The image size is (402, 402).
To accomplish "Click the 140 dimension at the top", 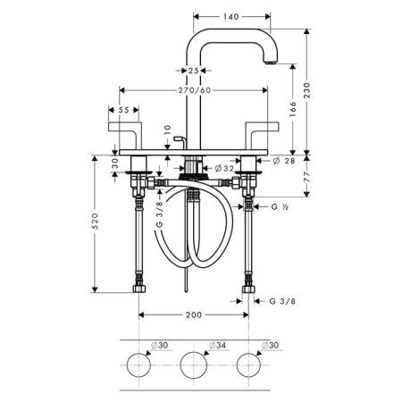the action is coord(231,16).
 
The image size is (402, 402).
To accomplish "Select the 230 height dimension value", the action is coord(306,90).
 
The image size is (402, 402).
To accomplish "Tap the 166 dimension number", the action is coord(293,109).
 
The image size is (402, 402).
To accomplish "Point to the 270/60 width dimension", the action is coord(195,90).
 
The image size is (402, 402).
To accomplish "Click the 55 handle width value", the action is coord(123,110).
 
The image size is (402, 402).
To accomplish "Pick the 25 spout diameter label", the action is coord(194,71).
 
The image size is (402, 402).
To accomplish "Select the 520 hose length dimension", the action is coord(95,221).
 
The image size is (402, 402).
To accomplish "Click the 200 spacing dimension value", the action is coord(194,314).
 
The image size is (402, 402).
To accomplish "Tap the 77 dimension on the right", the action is coord(306,177).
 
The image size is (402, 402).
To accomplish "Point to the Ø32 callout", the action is coord(224,169).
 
